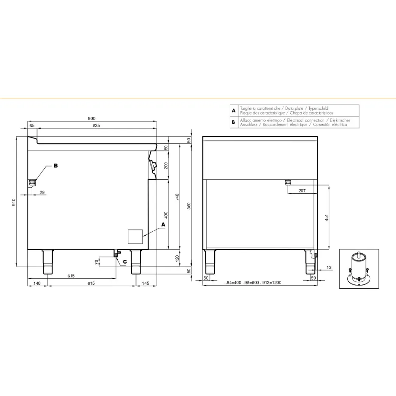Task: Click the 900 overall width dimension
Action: (91, 118)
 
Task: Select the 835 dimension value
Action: (96, 126)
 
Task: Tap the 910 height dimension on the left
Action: (13, 202)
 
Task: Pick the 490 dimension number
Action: (166, 215)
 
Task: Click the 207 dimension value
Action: (302, 191)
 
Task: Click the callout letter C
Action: (125, 261)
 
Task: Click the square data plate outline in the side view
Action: (135, 236)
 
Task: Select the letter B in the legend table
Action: (234, 122)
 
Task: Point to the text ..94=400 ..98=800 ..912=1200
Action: (253, 283)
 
